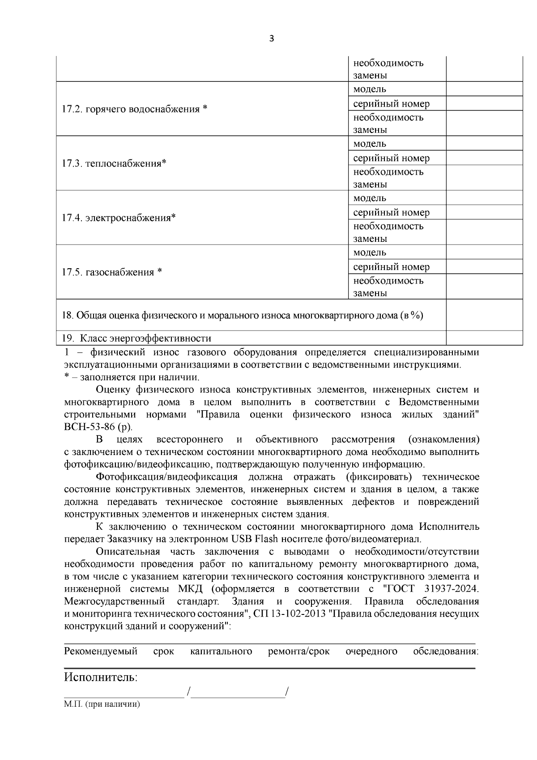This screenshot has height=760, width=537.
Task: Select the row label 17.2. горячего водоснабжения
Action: (x=134, y=109)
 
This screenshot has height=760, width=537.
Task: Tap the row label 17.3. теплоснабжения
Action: (x=114, y=163)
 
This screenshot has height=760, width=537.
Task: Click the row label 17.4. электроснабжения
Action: (x=119, y=218)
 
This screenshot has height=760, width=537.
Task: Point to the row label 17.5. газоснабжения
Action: (x=111, y=272)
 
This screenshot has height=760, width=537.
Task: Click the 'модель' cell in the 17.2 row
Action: (x=370, y=89)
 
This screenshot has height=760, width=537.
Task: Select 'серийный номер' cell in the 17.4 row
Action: (x=391, y=212)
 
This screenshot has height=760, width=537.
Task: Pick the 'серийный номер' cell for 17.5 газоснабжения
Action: (x=391, y=267)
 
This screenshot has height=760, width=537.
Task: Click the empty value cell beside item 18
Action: (x=484, y=315)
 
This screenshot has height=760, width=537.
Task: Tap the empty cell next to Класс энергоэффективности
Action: (x=484, y=338)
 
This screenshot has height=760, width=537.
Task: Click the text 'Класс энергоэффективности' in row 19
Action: (x=149, y=338)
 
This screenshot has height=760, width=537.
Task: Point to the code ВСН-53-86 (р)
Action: (x=98, y=426)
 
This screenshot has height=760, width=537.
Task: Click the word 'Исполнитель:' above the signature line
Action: (x=101, y=677)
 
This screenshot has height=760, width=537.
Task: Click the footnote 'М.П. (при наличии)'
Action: (x=102, y=704)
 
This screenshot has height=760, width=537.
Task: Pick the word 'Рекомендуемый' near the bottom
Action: (x=101, y=651)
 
